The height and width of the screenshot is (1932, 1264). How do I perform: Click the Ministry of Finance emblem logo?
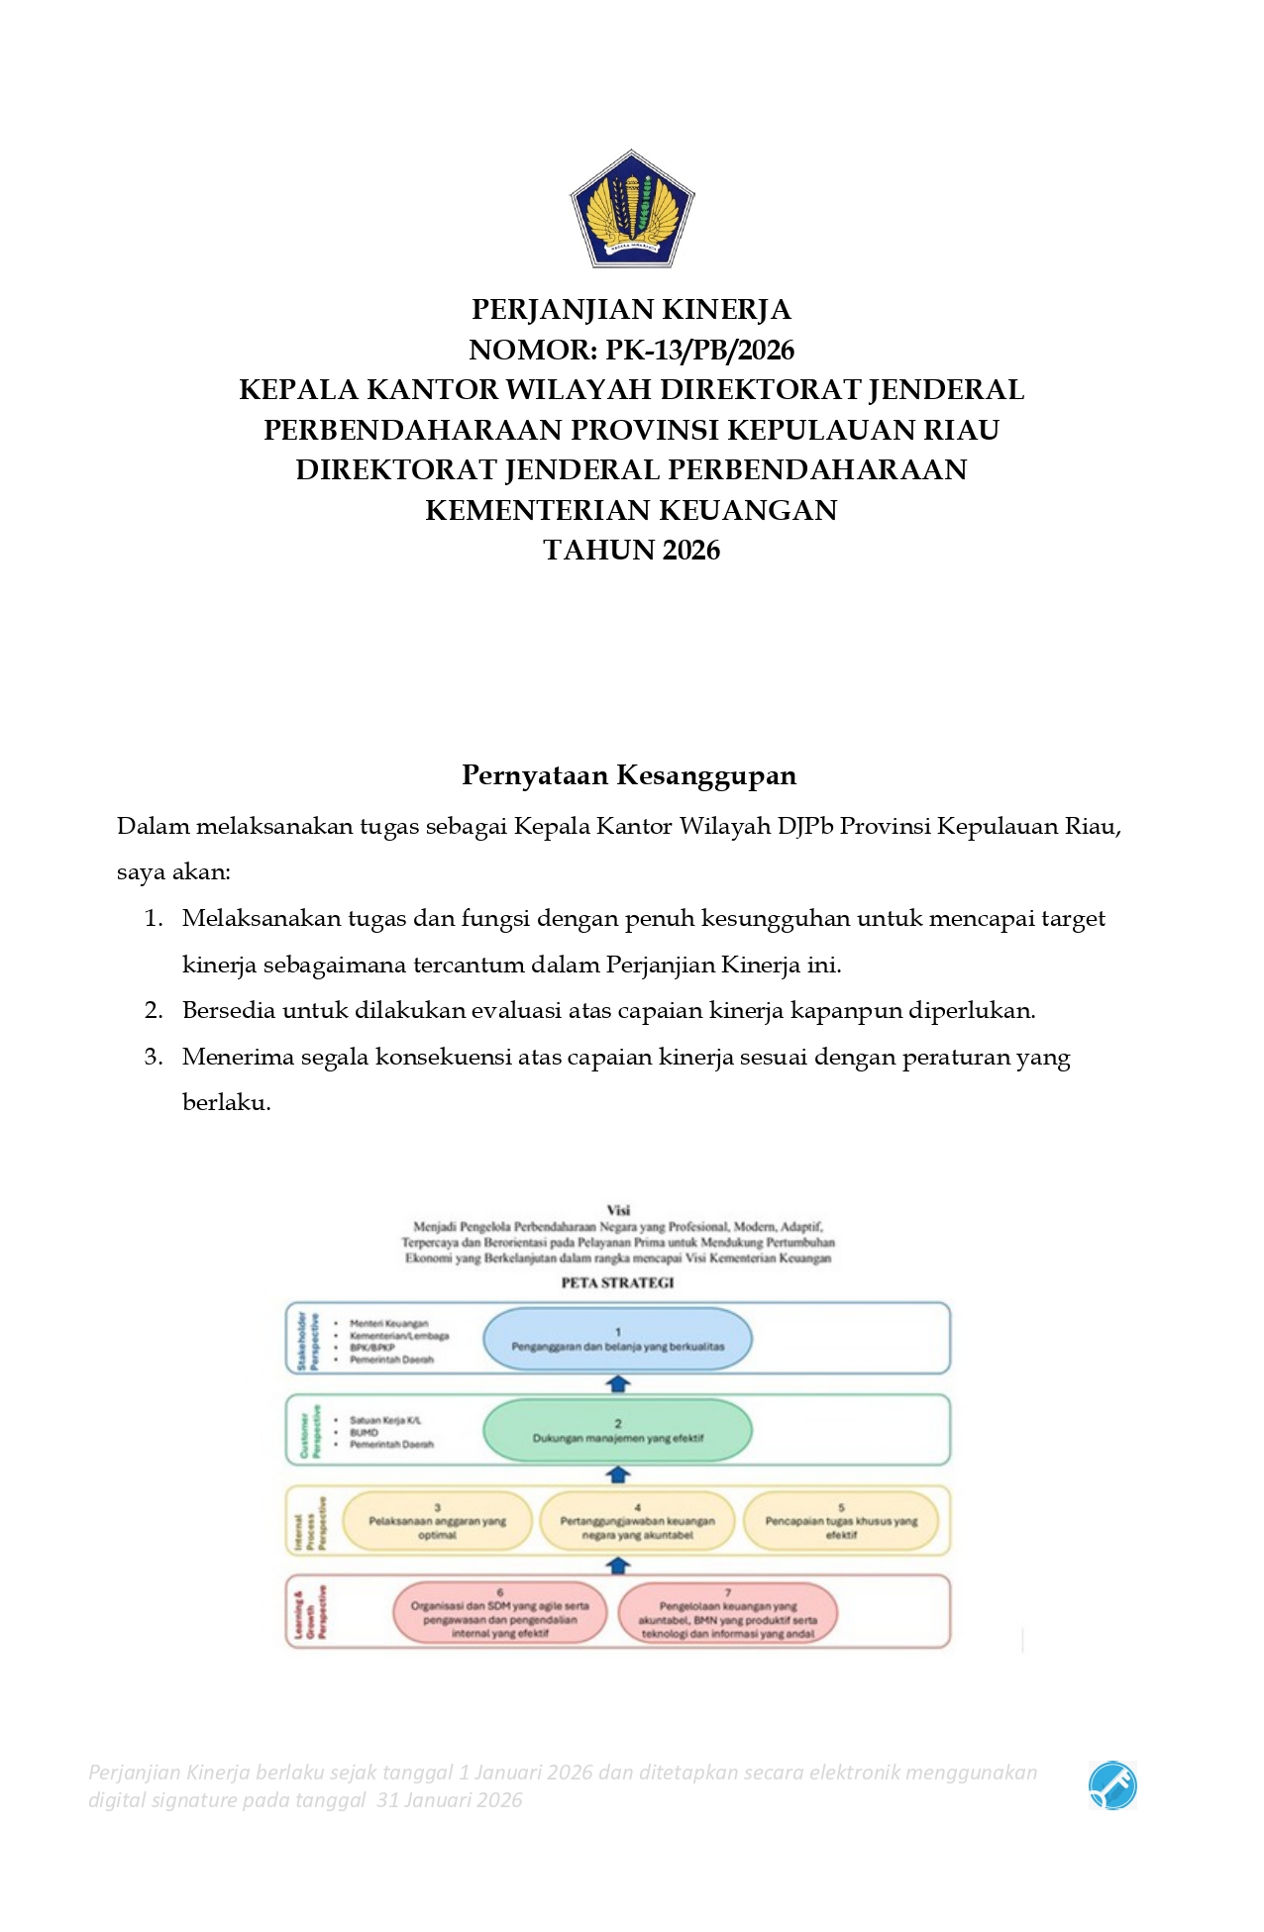[632, 209]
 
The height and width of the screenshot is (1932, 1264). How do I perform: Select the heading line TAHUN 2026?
[632, 551]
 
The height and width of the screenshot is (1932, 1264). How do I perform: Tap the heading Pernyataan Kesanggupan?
[629, 775]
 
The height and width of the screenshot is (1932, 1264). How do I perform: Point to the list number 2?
[153, 1011]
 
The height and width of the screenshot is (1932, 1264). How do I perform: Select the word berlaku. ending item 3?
[226, 1103]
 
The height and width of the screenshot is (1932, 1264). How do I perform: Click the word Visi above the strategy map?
[618, 1210]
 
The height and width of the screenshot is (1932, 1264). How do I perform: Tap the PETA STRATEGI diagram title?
[617, 1282]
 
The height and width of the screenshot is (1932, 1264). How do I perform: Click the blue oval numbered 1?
[617, 1339]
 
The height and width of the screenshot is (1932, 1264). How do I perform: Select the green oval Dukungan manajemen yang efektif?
[617, 1431]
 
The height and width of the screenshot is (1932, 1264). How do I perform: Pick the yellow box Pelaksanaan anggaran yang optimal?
[437, 1522]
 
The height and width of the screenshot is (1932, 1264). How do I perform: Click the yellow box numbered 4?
[637, 1522]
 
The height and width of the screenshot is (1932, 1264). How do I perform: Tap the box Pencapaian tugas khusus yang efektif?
[841, 1522]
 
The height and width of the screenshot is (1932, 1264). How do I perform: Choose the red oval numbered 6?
[499, 1613]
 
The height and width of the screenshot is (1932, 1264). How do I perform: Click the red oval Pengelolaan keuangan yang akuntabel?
[727, 1613]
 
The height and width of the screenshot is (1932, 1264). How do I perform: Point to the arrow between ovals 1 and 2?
[618, 1384]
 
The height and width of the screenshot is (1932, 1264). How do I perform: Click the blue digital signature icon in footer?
[1112, 1785]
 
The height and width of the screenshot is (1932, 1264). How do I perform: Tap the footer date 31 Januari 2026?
[449, 1800]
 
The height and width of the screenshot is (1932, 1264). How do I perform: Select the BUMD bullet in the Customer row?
[364, 1432]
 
